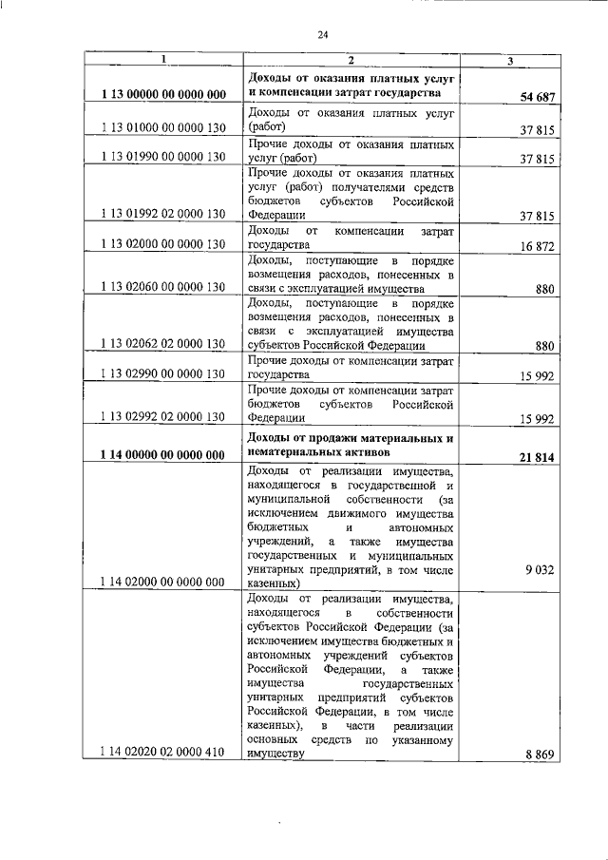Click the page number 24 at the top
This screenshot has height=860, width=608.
tap(322, 34)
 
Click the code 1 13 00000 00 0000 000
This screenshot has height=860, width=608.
tap(162, 95)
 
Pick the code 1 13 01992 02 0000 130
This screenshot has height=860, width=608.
tap(162, 217)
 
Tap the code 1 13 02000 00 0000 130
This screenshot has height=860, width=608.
tap(162, 244)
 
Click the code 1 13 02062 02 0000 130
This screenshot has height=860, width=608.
tap(162, 345)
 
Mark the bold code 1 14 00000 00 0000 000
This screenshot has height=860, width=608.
tap(162, 454)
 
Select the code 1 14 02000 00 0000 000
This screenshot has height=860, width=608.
tap(162, 580)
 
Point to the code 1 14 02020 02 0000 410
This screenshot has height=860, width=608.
tap(162, 753)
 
